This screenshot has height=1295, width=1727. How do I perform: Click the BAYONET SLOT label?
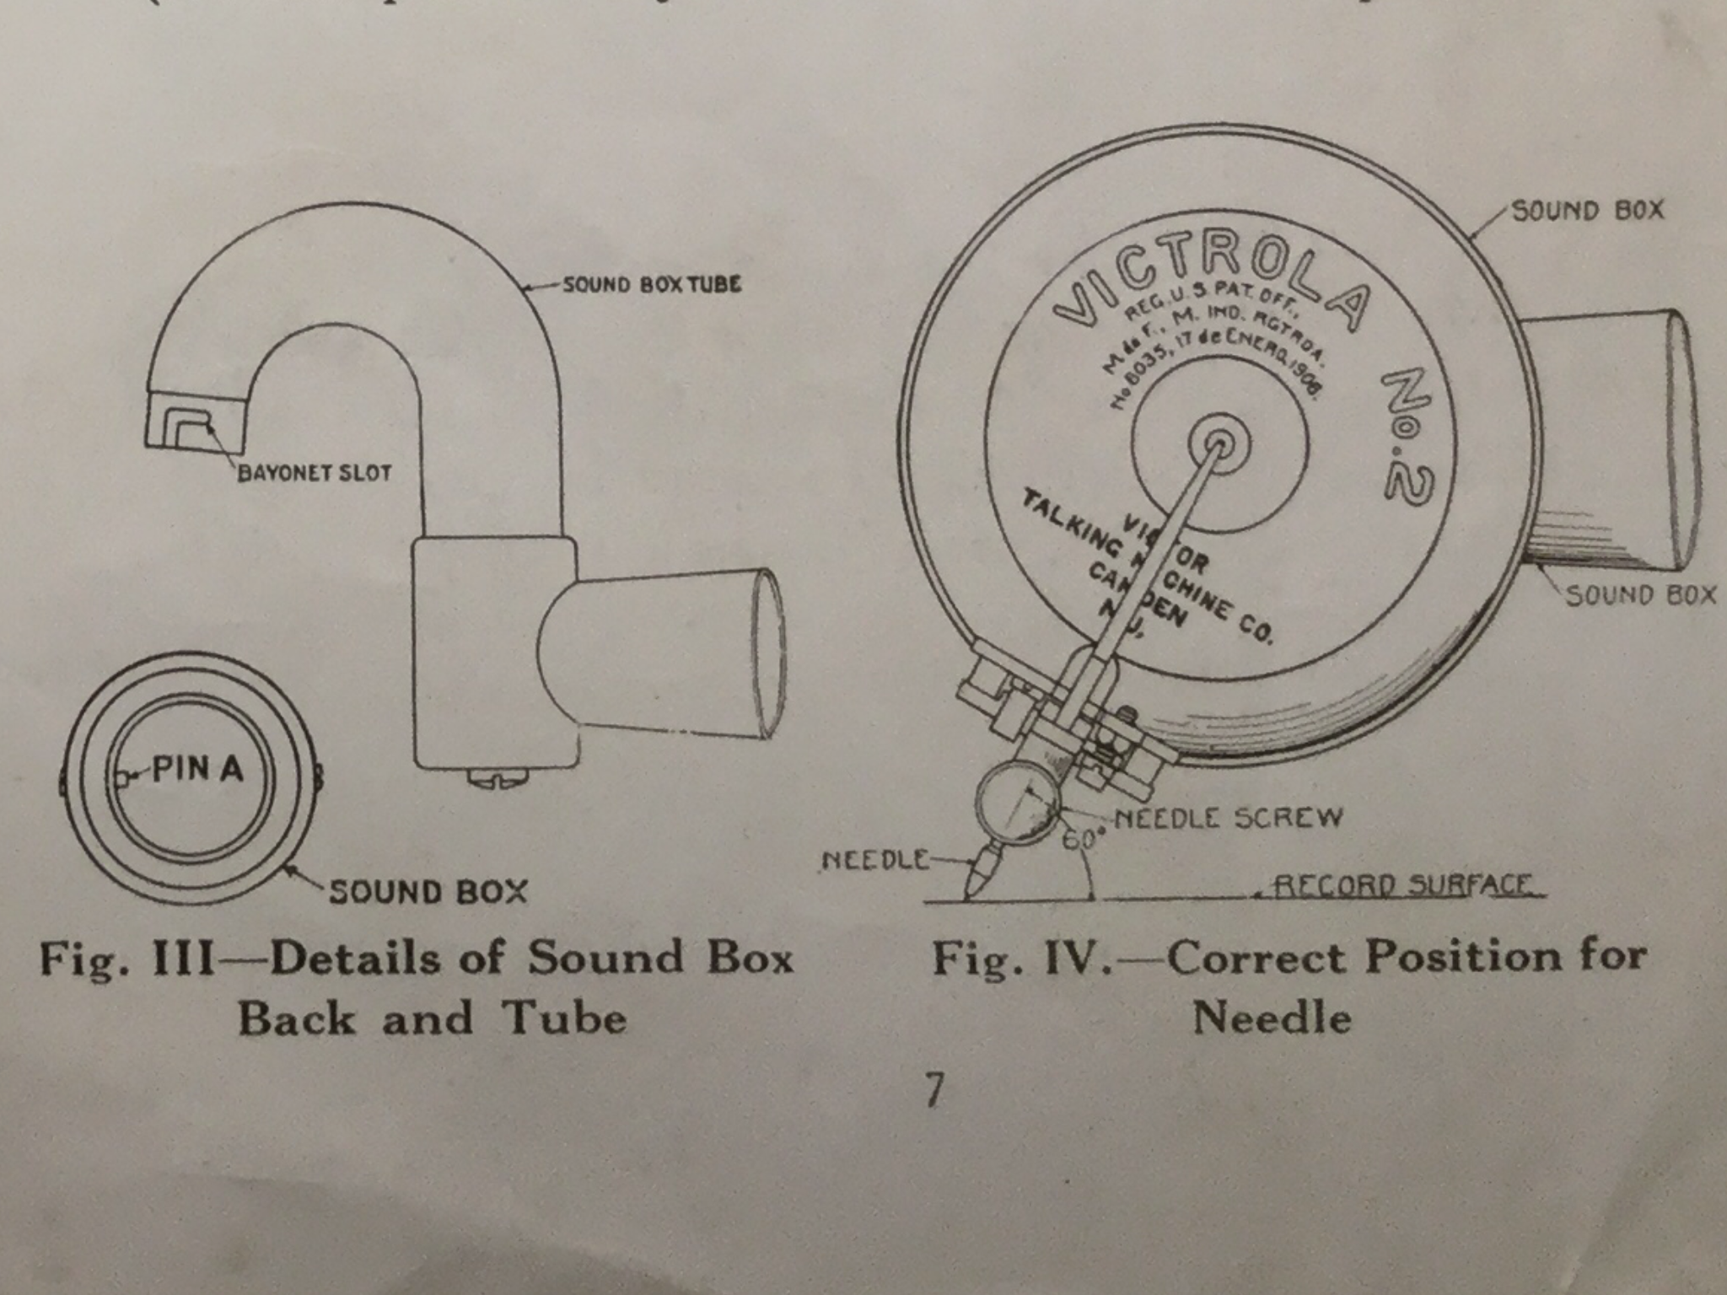tap(315, 473)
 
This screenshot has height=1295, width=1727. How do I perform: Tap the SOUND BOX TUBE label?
tap(652, 284)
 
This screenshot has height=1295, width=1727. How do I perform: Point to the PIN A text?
tap(198, 769)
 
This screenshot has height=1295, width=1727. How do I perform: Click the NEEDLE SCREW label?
tap(1228, 817)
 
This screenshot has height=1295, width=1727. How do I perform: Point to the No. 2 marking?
tap(1407, 438)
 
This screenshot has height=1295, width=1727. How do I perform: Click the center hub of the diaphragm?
tap(1218, 443)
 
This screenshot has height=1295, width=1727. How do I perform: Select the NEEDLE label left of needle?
tap(874, 860)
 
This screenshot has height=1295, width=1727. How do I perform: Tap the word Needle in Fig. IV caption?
tap(1272, 1018)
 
